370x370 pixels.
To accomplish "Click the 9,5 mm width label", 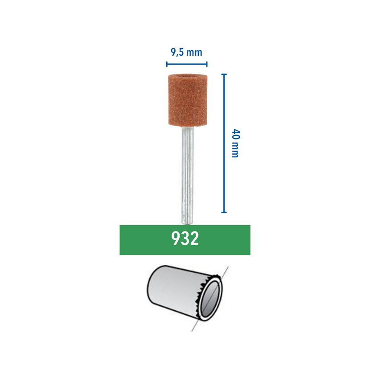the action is [x=186, y=52].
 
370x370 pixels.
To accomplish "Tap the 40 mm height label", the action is [x=235, y=143].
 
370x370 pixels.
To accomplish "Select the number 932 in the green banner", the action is [x=185, y=238].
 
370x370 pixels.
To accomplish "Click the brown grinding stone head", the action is [x=188, y=100].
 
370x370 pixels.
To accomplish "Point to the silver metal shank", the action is [x=187, y=175].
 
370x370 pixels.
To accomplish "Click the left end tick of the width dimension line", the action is [x=167, y=64].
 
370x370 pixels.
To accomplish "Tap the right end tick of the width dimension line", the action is [x=207, y=64].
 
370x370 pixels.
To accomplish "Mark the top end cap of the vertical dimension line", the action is [x=224, y=74].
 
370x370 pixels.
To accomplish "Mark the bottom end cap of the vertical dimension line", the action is [x=224, y=212].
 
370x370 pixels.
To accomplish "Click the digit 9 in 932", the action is [x=176, y=238].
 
